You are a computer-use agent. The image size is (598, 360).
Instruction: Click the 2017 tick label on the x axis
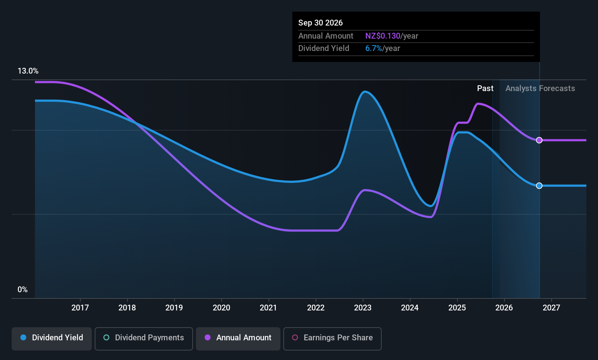(x=80, y=308)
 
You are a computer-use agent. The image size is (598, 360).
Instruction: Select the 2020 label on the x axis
(x=221, y=308)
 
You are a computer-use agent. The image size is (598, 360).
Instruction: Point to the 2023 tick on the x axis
(x=362, y=308)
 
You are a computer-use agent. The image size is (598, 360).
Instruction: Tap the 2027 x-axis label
(x=551, y=308)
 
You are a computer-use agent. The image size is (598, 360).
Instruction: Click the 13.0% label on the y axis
(x=28, y=71)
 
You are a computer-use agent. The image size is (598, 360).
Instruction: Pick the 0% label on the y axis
(x=23, y=290)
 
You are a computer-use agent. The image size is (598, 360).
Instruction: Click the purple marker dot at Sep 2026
(x=539, y=140)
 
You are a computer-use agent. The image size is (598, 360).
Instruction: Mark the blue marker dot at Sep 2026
(x=539, y=186)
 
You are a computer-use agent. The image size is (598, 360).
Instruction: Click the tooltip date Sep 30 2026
(x=320, y=23)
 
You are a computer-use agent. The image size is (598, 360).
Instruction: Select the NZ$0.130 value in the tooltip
(x=382, y=36)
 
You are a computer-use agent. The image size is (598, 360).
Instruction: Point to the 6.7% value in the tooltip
(x=374, y=48)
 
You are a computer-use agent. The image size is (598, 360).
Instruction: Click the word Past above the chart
(x=485, y=89)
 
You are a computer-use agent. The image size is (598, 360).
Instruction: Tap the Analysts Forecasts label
(x=540, y=89)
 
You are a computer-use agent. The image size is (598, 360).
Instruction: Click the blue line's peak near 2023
(x=365, y=91)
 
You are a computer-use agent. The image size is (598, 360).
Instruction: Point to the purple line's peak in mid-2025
(x=478, y=103)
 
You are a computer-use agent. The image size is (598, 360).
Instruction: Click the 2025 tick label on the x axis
(x=457, y=308)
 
